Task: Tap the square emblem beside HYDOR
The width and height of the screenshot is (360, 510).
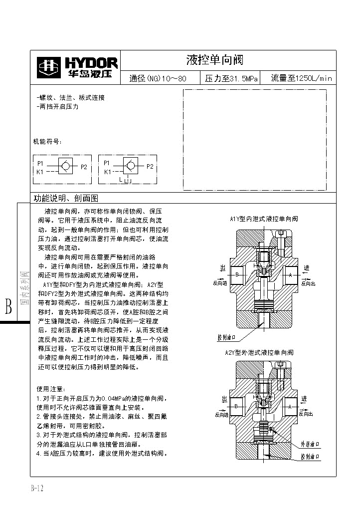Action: [x=48, y=67]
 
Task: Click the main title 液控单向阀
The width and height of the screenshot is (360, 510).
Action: [x=214, y=60]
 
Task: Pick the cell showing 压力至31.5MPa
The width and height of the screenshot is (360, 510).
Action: [x=231, y=78]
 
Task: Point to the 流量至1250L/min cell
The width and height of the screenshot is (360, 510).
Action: [x=301, y=78]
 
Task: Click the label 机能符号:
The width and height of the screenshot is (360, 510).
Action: [x=47, y=142]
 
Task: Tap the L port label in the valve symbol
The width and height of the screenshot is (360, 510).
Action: [x=121, y=179]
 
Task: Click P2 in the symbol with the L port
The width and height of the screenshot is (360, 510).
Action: [x=150, y=166]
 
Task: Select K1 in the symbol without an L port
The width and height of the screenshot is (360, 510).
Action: [x=40, y=172]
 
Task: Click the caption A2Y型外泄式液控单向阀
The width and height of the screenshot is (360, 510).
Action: [x=259, y=353]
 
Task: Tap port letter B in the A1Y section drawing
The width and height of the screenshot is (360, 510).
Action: [x=238, y=274]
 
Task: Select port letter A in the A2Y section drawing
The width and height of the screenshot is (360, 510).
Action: [x=290, y=407]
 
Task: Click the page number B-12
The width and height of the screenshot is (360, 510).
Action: [x=37, y=489]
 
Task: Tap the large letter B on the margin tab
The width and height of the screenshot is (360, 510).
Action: [x=8, y=306]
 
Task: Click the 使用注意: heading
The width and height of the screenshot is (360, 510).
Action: [x=51, y=389]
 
